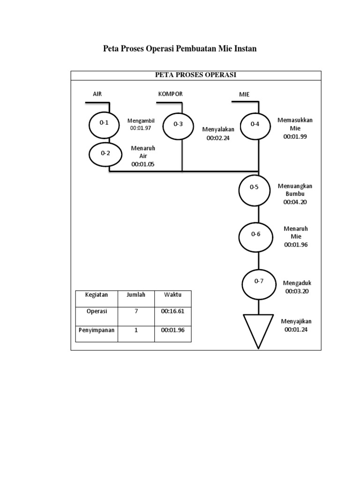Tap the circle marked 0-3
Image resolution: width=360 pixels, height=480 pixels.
click(x=178, y=125)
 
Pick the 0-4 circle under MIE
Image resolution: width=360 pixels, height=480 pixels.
click(x=255, y=125)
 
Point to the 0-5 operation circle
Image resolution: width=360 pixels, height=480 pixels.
click(x=254, y=187)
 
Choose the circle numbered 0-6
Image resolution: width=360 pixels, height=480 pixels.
click(x=255, y=235)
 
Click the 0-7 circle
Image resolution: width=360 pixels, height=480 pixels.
click(x=259, y=282)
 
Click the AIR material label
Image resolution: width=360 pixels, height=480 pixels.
click(x=97, y=94)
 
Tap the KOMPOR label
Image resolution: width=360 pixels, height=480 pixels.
click(x=171, y=94)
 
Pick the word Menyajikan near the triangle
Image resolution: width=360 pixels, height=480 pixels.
click(x=296, y=322)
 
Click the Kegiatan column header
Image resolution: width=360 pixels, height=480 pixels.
click(x=97, y=295)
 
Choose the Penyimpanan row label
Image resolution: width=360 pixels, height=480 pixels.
click(x=97, y=330)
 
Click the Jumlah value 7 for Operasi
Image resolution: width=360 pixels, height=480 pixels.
click(x=136, y=311)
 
